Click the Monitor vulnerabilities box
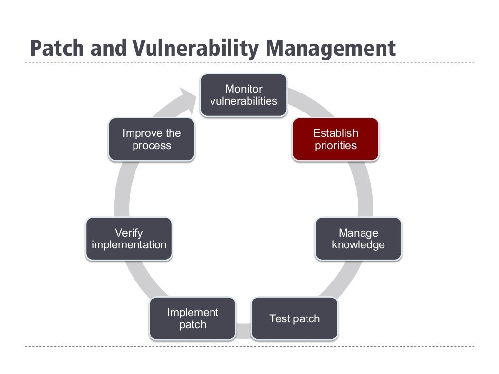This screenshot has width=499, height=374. point(243,95)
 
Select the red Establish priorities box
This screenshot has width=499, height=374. point(335,139)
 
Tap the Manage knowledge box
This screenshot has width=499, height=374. point(358,239)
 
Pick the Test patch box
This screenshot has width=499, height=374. point(294,318)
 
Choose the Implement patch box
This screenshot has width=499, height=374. point(192,318)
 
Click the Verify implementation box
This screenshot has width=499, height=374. point(129,239)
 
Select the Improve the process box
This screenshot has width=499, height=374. point(152,139)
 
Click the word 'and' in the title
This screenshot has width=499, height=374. point(107,48)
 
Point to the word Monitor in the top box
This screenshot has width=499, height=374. point(244,89)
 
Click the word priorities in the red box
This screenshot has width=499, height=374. point(335,146)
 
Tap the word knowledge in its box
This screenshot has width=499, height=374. point(358,245)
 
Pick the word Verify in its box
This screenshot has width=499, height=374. point(129,233)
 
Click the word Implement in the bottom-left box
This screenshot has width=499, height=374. point(192,312)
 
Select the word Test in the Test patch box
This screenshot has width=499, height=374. point(279,318)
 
